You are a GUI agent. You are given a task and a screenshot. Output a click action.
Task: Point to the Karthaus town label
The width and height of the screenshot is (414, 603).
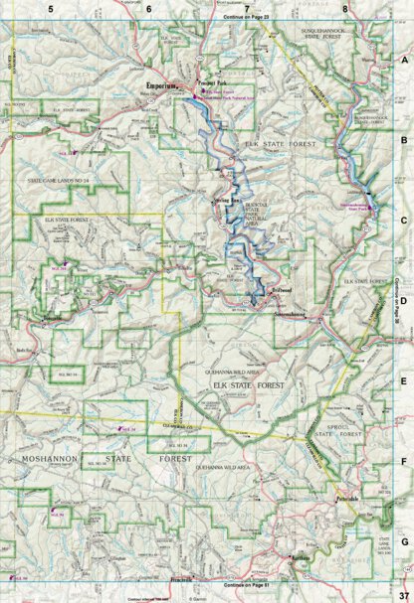point(298,560)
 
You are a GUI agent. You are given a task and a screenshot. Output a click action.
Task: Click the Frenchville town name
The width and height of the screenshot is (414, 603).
point(182,578)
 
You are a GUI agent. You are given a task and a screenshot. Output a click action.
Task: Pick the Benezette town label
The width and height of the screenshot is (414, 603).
point(53,317)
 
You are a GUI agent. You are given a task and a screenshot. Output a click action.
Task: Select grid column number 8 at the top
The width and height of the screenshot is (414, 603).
point(344,9)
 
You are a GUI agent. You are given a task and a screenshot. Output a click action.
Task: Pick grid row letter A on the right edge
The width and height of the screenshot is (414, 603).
point(405,59)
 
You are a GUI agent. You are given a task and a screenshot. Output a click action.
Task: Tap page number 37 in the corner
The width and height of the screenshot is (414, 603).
point(403,595)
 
